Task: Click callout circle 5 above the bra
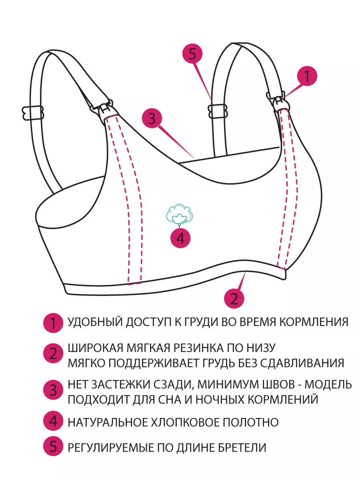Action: (192, 54)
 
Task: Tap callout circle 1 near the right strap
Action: (307, 76)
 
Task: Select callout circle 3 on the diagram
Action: (152, 118)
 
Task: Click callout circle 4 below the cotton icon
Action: (180, 238)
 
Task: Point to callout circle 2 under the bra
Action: (234, 298)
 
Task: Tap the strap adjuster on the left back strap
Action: (33, 113)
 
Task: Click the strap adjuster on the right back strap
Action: (218, 112)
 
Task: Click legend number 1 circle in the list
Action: (53, 323)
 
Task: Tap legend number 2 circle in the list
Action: (53, 353)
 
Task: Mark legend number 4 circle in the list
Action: (53, 421)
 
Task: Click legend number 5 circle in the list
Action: (53, 446)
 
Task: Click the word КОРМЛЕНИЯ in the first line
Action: (314, 322)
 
